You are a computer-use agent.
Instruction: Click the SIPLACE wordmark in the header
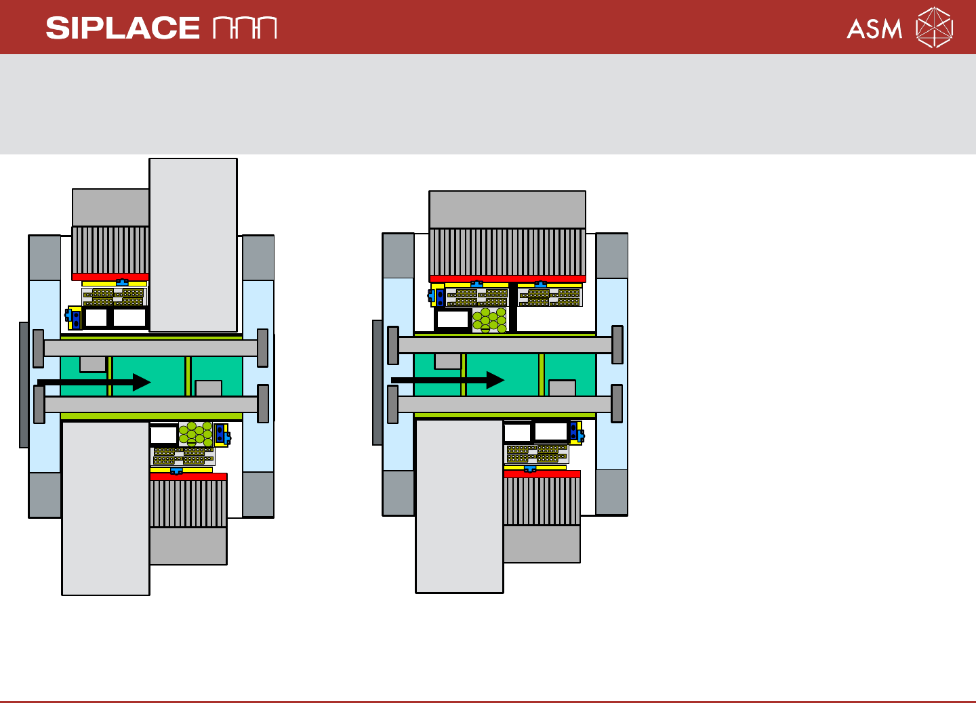[123, 28]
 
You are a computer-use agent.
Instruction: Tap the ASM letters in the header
[874, 28]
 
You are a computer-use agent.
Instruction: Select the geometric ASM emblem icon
[934, 27]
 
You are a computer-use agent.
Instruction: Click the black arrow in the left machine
[94, 382]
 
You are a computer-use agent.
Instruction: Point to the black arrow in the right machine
[448, 380]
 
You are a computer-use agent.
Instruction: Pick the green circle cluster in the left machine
[196, 433]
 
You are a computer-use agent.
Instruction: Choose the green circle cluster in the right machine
[489, 320]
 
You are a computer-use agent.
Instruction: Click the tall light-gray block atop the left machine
[193, 244]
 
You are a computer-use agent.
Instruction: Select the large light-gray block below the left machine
[106, 508]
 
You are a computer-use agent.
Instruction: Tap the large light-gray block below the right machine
[460, 506]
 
